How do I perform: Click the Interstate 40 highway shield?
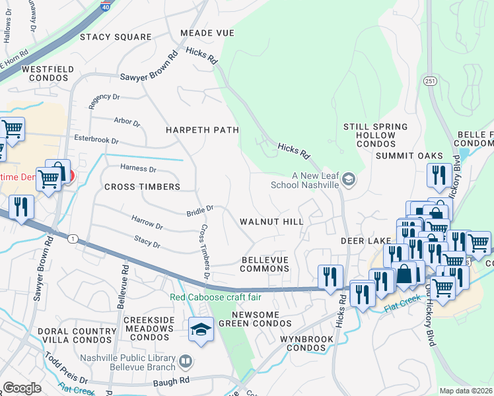[x=105, y=6]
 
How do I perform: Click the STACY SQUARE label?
[x=116, y=37]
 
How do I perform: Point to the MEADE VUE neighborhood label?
[x=207, y=33]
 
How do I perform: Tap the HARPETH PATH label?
[x=202, y=130]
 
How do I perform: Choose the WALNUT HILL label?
[x=271, y=222]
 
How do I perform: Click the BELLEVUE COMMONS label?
[x=264, y=264]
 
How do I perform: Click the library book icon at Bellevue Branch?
[x=186, y=361]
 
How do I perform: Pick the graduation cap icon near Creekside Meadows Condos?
[x=201, y=330]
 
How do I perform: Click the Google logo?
[x=22, y=388]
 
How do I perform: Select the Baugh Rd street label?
[x=174, y=381]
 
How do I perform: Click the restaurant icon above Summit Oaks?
[x=439, y=176]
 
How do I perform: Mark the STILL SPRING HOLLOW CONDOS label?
[x=369, y=135]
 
